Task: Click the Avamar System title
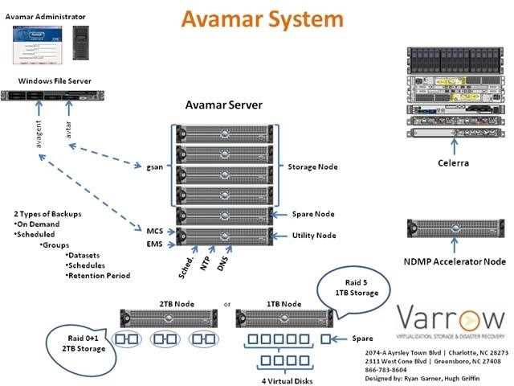[x=262, y=18]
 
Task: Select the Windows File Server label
[x=55, y=81]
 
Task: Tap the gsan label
[x=156, y=166]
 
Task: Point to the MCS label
[x=156, y=230]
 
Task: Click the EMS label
[x=156, y=243]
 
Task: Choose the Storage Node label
[x=312, y=166]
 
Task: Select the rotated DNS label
[x=224, y=264]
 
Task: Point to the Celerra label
[x=453, y=163]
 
